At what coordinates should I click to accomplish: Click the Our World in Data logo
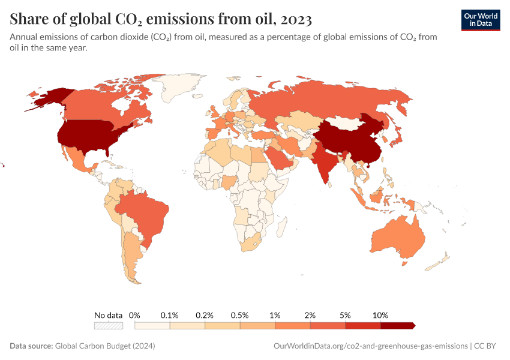[x=480, y=20]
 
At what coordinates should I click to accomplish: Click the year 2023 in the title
[x=295, y=19]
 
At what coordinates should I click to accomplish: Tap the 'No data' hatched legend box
[x=109, y=325]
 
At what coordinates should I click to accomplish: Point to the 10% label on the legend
[x=380, y=315]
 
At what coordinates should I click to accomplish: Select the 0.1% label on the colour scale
[x=170, y=315]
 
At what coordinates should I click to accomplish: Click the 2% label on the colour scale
[x=310, y=315]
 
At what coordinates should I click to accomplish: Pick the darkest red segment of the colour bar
[x=397, y=325]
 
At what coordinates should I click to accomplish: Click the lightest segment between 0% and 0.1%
[x=152, y=325]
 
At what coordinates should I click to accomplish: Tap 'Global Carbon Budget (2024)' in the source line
[x=105, y=346]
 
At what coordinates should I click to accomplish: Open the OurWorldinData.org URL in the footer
[x=370, y=346]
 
